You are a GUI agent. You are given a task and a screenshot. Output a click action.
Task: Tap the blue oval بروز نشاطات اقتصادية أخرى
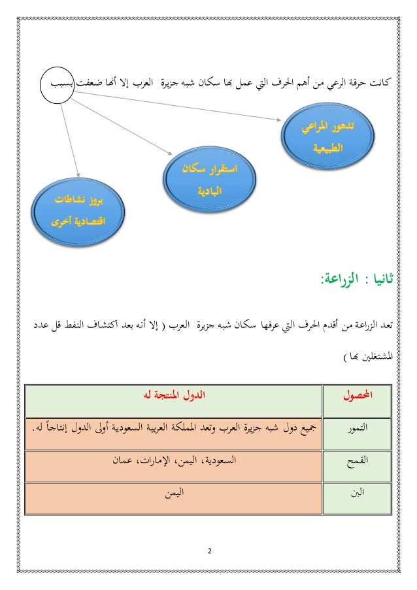[80, 208]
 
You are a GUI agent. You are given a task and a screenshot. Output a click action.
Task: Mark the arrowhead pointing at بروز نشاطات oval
[78, 175]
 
